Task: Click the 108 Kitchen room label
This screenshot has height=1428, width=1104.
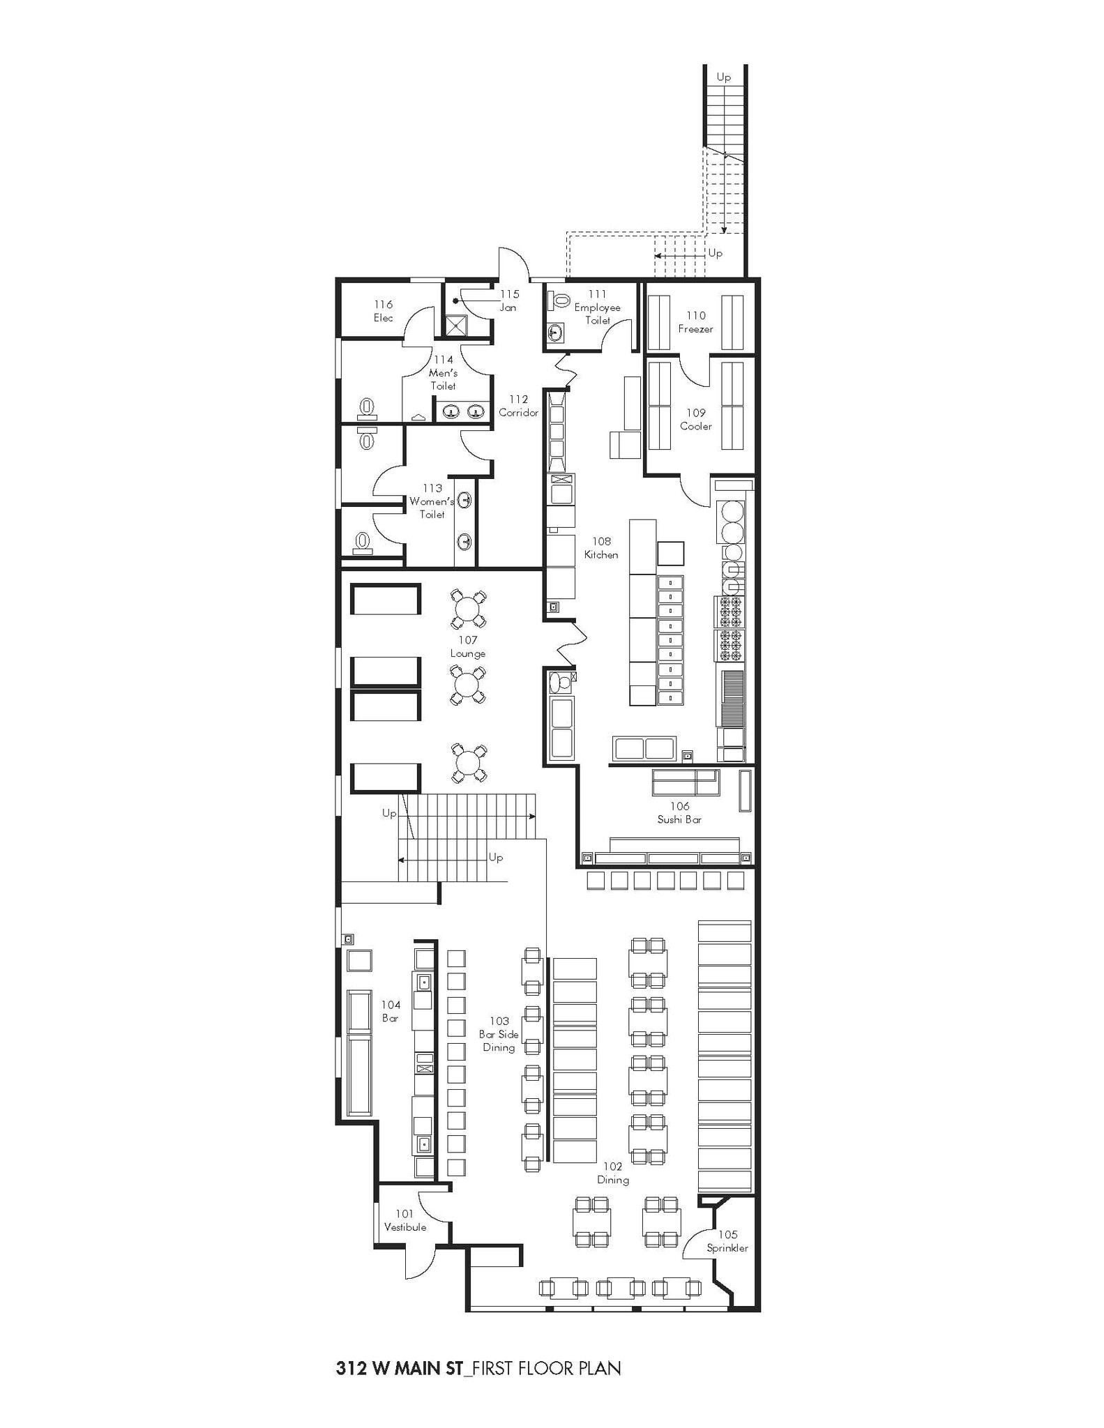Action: [601, 548]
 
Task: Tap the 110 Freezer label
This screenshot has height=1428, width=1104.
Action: [695, 322]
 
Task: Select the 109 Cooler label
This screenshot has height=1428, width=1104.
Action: [695, 419]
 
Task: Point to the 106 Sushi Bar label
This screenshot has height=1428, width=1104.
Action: [679, 813]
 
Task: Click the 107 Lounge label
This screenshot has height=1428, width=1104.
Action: [467, 646]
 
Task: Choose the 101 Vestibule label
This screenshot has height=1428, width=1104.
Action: [405, 1220]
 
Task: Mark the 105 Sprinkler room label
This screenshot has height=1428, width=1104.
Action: [727, 1241]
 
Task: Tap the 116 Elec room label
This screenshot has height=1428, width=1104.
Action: [383, 311]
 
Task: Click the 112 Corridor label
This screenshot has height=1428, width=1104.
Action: [518, 406]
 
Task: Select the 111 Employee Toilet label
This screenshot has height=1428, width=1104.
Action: [597, 307]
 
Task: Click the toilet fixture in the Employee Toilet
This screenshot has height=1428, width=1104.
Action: [559, 301]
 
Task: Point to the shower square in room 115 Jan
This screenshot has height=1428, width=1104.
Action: [455, 326]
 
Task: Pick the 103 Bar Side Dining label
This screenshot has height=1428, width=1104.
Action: [499, 1034]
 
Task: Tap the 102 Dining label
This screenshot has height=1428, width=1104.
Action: [612, 1173]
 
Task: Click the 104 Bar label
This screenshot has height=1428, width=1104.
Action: [391, 1011]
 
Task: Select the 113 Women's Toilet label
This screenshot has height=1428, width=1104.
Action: [432, 501]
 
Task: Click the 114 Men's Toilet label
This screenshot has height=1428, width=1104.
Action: [443, 372]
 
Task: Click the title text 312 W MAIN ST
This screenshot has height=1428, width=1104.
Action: [399, 1369]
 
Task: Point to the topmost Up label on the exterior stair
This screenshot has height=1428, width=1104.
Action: [723, 77]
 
